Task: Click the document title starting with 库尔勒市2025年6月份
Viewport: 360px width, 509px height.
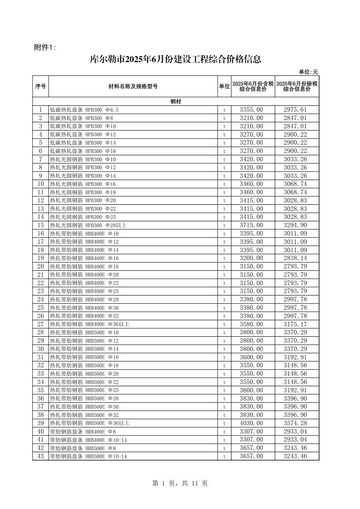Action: [x=175, y=59]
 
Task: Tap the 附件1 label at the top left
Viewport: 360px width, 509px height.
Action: [x=45, y=47]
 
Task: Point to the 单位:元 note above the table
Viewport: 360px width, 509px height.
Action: [x=308, y=72]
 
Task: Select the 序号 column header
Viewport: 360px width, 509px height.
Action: [x=41, y=86]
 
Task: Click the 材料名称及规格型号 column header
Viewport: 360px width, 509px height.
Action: [x=133, y=86]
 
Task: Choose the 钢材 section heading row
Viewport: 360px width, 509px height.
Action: [x=176, y=101]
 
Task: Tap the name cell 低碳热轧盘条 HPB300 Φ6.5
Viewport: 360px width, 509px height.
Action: [x=84, y=110]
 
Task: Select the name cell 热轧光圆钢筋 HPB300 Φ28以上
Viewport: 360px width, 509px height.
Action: [x=88, y=225]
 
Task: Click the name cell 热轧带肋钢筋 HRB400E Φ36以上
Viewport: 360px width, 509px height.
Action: [x=90, y=324]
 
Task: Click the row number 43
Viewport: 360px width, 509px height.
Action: [x=41, y=456]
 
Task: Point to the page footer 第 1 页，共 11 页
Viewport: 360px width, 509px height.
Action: [x=180, y=483]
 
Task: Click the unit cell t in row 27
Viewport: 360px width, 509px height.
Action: [x=224, y=324]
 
